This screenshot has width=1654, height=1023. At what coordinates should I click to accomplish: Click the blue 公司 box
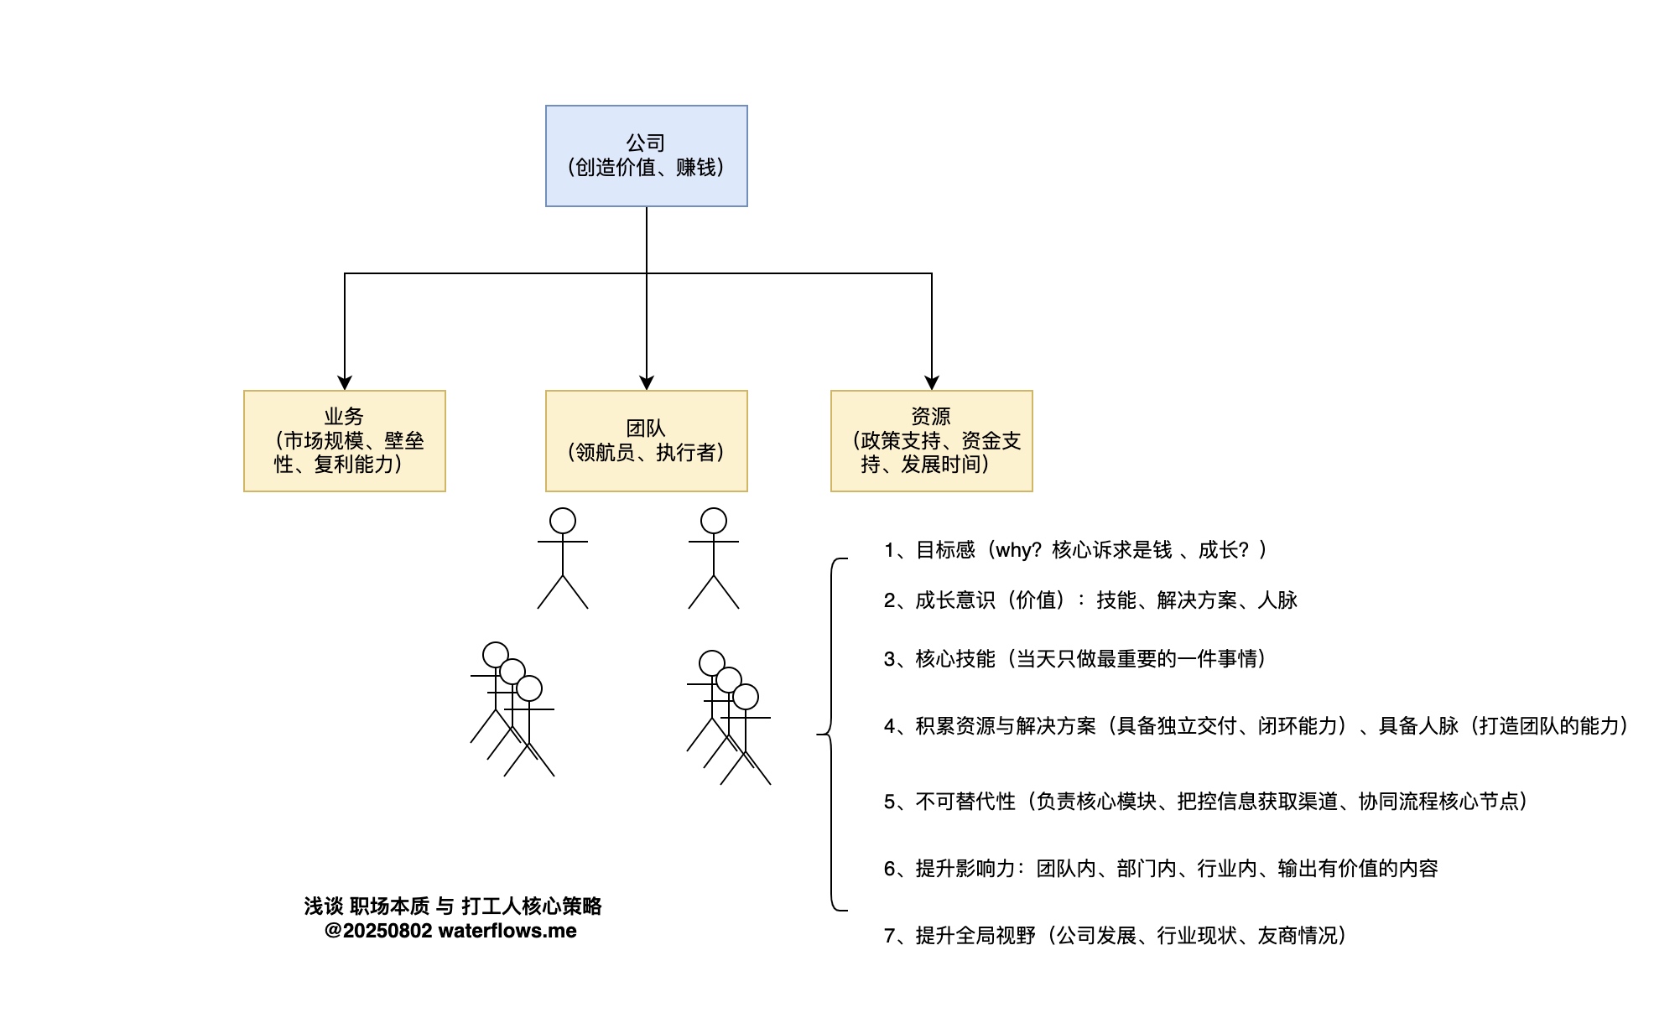click(646, 156)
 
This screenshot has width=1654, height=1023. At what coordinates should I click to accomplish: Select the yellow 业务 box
click(344, 440)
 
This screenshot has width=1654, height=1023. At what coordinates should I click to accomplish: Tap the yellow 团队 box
click(646, 440)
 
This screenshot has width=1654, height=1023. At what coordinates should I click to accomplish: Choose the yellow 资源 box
click(931, 440)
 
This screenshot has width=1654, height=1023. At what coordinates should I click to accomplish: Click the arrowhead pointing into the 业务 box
click(345, 382)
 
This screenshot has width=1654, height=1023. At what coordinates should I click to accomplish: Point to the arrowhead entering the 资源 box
click(932, 382)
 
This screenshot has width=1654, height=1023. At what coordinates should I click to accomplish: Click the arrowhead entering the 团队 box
click(647, 382)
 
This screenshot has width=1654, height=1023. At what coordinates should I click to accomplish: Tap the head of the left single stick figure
click(563, 521)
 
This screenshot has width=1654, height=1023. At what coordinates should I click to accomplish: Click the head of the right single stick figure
click(714, 521)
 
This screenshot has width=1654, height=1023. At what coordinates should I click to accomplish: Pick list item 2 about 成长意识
click(1090, 600)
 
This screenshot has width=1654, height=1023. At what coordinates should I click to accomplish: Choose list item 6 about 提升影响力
click(1161, 869)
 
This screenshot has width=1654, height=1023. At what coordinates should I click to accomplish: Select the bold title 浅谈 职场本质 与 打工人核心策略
click(453, 906)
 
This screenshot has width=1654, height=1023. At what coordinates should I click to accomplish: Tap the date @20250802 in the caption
click(378, 931)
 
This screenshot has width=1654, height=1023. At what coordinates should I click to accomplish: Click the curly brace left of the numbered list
click(830, 735)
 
